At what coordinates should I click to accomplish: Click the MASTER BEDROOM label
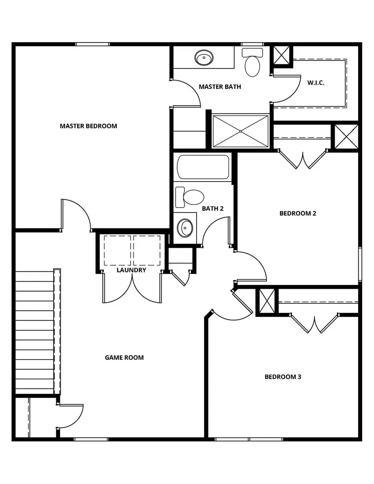pos(88,126)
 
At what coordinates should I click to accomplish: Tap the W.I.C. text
pos(316,83)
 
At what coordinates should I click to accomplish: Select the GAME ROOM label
pos(124,357)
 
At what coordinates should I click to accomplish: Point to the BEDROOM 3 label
pos(283,377)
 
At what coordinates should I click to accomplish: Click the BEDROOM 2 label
pos(298,213)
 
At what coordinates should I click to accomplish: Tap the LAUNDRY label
pos(131,270)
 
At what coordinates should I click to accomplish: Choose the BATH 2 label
pos(213,208)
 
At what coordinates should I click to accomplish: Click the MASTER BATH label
pos(219,87)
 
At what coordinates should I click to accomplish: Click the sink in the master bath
pos(204,57)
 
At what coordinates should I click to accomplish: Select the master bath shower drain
pos(241,131)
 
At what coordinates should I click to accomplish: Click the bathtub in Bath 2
pos(203,167)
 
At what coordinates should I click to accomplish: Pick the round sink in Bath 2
pos(185,227)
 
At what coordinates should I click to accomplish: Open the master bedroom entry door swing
pos(76,214)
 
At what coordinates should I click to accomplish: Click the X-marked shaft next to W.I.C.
pos(282,55)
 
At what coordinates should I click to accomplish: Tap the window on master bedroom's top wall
pos(92,44)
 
